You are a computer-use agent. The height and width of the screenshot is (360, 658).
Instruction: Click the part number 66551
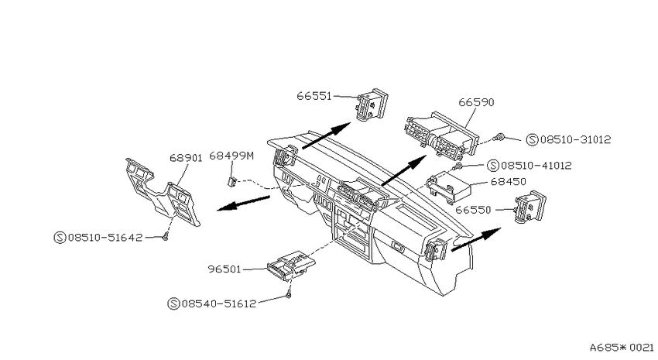(x=314, y=96)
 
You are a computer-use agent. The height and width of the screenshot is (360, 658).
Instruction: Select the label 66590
(x=476, y=102)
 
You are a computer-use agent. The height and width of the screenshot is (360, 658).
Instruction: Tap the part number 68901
(x=186, y=158)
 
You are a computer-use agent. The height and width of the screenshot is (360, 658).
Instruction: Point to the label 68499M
(x=231, y=156)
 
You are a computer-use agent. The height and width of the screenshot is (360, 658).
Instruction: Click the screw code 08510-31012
(x=575, y=139)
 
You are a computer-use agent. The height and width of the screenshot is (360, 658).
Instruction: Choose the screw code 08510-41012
(x=536, y=166)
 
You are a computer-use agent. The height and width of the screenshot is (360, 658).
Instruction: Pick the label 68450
(x=508, y=182)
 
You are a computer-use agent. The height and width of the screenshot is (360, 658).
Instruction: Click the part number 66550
(x=473, y=210)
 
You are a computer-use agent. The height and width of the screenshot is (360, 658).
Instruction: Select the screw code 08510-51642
(x=105, y=238)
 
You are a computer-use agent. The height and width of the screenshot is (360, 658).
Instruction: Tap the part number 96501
(x=224, y=269)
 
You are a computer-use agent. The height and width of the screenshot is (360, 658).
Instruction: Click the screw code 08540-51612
(x=218, y=303)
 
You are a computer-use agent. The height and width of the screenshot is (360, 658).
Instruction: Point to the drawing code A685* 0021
(x=622, y=348)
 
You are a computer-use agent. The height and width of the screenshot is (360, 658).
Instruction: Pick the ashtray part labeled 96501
(x=291, y=266)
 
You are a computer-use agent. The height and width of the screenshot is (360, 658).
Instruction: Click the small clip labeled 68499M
(x=231, y=182)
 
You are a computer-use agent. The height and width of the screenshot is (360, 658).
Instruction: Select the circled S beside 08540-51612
(x=173, y=303)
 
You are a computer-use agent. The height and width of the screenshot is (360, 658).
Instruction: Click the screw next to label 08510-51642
(x=166, y=237)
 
